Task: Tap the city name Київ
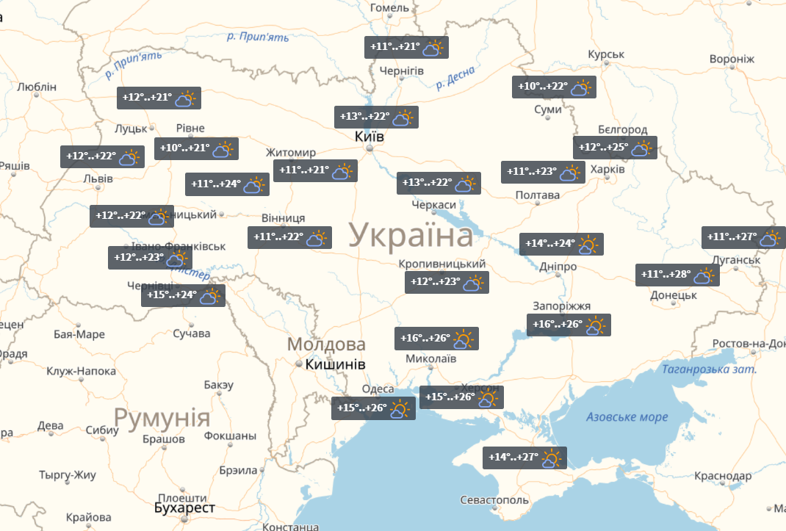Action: pos(369,137)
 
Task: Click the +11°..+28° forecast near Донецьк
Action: pos(677,275)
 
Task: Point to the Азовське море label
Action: pos(627,417)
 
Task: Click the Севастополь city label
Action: pos(494,500)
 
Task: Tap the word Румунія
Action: pos(162,419)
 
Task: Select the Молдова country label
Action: pos(326,344)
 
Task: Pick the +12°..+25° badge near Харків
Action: pos(614,148)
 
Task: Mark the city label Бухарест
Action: pos(184,508)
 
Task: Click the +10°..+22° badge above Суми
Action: pos(553,87)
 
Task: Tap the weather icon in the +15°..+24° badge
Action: pos(209,296)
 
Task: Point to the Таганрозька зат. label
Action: pos(708,369)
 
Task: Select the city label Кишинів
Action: pos(335,364)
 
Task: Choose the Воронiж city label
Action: pos(732,59)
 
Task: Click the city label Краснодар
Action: pos(721,477)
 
